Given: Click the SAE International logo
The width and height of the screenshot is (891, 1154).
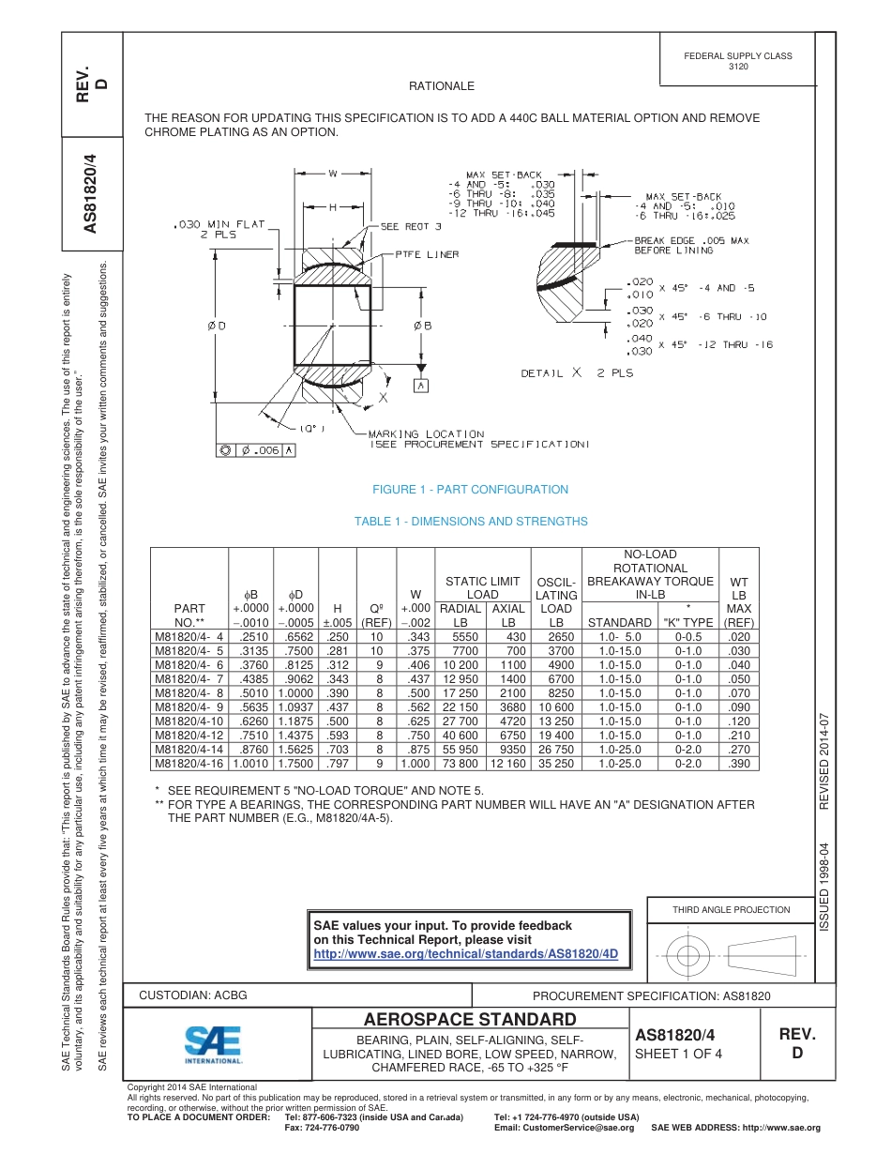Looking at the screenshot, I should click(x=213, y=1043).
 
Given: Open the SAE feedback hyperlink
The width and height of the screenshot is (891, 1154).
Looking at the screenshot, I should click(x=465, y=953).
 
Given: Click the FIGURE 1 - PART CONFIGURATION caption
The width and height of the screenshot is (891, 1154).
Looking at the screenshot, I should click(x=470, y=490).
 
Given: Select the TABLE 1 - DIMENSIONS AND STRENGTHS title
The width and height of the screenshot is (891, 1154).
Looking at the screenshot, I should click(x=471, y=522).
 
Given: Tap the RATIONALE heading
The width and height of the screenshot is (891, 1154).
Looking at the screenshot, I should click(x=442, y=86).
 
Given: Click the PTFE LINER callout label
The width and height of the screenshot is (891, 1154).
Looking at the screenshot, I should click(x=427, y=254).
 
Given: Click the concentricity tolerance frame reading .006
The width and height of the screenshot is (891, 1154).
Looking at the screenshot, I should click(x=256, y=450).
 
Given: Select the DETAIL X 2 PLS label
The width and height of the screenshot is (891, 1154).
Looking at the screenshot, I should click(x=577, y=372).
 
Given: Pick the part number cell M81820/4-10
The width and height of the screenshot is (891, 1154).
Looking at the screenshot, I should click(x=189, y=721).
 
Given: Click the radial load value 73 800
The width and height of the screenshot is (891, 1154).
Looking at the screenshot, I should click(x=460, y=764).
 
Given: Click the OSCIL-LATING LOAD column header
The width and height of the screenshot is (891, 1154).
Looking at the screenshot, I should click(x=557, y=601).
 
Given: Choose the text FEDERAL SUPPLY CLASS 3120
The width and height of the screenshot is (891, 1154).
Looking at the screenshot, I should click(x=737, y=61).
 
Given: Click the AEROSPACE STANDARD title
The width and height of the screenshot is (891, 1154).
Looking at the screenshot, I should click(x=470, y=1020).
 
